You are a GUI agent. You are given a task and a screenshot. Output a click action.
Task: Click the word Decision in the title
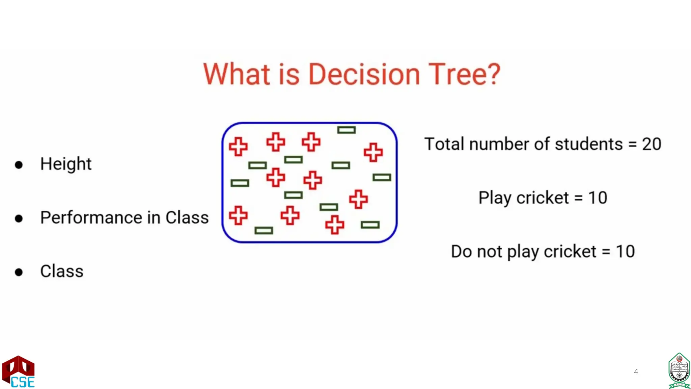coord(364,74)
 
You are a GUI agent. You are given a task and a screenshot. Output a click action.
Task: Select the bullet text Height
coord(66,164)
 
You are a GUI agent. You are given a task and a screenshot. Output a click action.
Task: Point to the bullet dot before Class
coord(19,272)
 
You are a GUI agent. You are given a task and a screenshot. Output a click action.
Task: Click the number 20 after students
coord(651,144)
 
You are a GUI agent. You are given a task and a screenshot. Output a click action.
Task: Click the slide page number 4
coord(636,372)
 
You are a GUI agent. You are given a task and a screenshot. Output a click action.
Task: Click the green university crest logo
coord(679,371)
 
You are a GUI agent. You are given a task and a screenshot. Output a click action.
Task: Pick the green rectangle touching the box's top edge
coord(347,130)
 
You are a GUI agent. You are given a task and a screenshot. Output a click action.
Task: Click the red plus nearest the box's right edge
coord(373,152)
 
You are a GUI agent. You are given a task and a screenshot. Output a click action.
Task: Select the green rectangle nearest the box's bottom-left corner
coord(264,231)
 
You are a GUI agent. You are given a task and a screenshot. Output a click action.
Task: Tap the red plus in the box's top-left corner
coord(238,147)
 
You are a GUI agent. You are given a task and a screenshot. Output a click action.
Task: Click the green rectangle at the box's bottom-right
coord(370,225)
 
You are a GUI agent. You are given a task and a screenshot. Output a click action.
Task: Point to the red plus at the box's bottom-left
coord(238,215)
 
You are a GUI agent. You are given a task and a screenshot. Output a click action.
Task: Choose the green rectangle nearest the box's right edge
coord(382,178)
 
